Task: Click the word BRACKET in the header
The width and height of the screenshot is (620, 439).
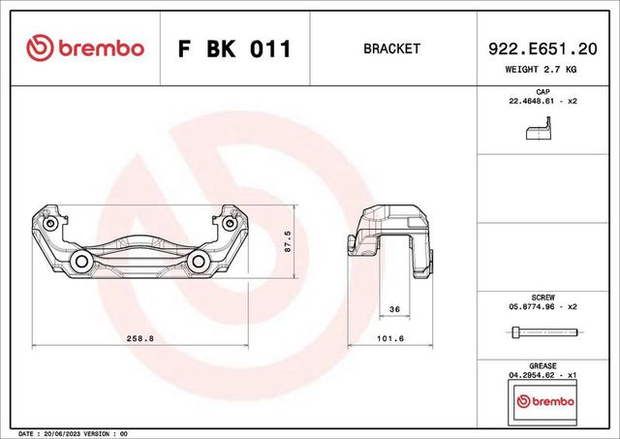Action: click(x=391, y=48)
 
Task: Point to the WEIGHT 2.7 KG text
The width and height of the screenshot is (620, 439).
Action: click(x=542, y=71)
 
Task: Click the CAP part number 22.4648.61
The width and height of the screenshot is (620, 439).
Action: click(x=536, y=101)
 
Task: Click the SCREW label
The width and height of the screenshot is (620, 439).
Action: click(x=542, y=297)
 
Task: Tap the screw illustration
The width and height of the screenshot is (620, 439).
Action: click(x=542, y=332)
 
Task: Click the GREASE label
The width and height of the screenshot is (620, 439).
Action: click(x=542, y=366)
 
